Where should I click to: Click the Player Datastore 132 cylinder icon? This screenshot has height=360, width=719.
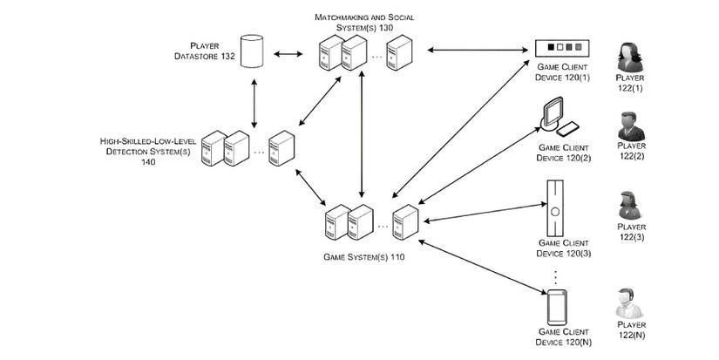[x=253, y=51]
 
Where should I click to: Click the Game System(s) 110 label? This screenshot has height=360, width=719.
[x=363, y=257]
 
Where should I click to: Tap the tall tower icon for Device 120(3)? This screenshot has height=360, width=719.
[x=553, y=207]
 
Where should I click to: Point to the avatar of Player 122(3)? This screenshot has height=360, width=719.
[x=629, y=207]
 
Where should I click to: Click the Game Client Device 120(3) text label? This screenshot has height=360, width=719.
[x=563, y=248]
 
